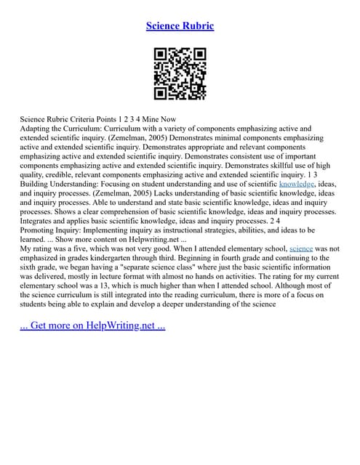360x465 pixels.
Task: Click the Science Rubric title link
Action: (180, 26)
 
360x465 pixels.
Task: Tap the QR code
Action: (180, 73)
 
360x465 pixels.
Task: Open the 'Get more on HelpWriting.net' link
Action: (92, 325)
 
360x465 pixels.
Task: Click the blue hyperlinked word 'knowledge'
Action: (297, 185)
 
